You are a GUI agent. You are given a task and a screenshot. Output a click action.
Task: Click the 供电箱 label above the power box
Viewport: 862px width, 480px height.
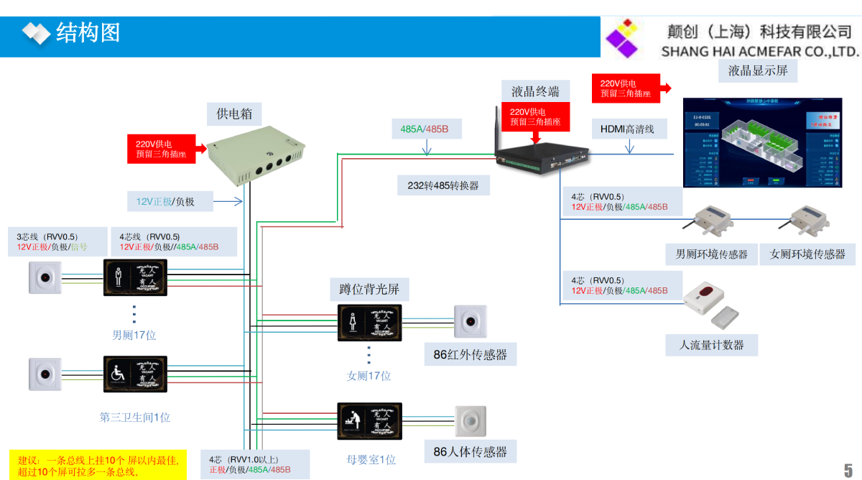click(x=234, y=114)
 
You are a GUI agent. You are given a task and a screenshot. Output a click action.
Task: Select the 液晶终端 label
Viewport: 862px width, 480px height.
click(x=535, y=91)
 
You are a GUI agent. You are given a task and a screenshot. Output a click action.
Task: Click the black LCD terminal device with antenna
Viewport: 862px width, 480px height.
click(x=542, y=152)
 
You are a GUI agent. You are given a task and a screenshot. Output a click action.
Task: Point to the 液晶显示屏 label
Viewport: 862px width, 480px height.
click(x=757, y=70)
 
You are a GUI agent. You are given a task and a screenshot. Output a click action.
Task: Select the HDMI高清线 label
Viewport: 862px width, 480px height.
click(x=629, y=129)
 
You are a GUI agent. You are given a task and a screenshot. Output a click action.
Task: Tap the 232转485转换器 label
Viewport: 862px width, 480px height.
click(x=443, y=185)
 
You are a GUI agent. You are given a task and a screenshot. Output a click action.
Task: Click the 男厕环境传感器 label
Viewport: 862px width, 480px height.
click(x=711, y=254)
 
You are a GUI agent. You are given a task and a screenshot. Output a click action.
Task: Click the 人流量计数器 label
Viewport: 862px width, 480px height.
click(x=712, y=345)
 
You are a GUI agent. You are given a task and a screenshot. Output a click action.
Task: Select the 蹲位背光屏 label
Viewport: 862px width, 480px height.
click(x=369, y=290)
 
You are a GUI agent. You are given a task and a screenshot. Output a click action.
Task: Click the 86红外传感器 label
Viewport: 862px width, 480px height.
click(x=470, y=354)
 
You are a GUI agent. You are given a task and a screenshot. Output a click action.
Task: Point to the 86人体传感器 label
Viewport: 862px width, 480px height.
click(x=470, y=451)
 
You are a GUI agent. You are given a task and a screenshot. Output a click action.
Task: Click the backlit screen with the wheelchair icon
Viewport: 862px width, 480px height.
click(x=136, y=374)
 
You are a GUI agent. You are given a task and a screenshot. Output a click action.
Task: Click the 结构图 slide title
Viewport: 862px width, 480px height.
click(x=88, y=32)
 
